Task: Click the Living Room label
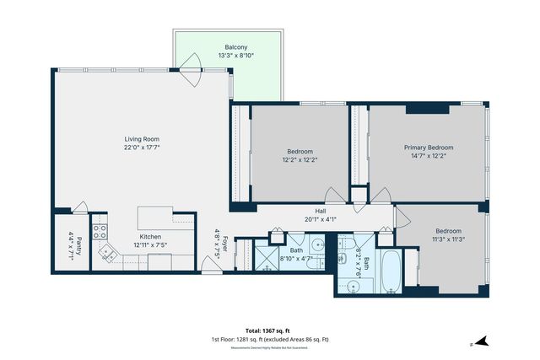[x=142, y=139]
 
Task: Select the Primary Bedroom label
[x=429, y=147]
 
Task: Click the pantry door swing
[x=79, y=207]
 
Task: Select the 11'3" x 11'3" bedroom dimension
[x=448, y=239]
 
